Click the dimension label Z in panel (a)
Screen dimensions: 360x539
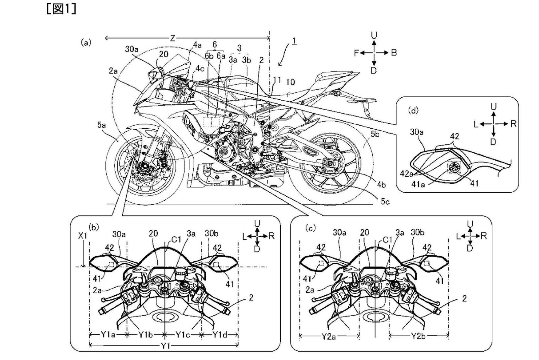tap(172, 38)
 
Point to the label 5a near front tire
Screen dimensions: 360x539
tap(101, 125)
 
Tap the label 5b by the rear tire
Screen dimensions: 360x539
tap(375, 134)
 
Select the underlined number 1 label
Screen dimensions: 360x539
tap(294, 41)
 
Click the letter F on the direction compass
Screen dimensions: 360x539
tap(356, 53)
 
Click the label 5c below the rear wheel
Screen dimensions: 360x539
tap(385, 201)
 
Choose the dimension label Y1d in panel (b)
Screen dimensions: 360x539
tap(220, 335)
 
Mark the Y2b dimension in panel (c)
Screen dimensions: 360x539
tap(418, 336)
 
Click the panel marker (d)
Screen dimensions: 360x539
tap(413, 110)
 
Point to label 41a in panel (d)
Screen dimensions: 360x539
tap(418, 184)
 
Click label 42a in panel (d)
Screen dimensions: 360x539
tap(407, 174)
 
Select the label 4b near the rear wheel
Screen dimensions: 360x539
tap(381, 184)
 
